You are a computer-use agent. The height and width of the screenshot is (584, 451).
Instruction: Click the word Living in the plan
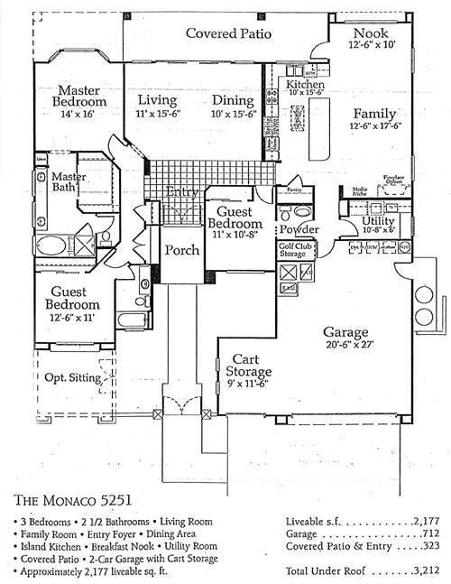156,100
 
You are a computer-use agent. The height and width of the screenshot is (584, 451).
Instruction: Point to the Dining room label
233,100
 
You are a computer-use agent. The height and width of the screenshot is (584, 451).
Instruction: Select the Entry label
183,191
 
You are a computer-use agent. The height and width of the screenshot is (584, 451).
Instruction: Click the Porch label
180,250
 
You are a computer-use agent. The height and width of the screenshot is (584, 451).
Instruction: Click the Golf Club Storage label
297,250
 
